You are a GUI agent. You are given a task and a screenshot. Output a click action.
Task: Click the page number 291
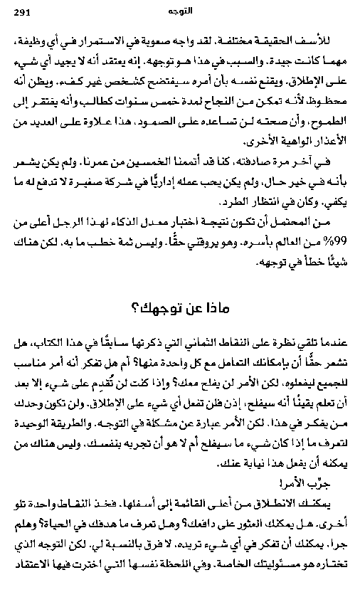coord(21,13)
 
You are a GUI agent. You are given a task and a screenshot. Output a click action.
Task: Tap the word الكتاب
coord(48,343)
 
